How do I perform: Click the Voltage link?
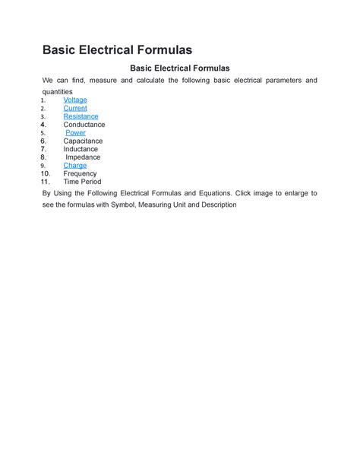click(x=75, y=100)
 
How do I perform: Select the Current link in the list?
click(x=75, y=109)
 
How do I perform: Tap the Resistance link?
click(x=81, y=116)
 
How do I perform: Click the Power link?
click(x=76, y=133)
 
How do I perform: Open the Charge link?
click(x=75, y=165)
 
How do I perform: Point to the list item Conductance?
click(x=84, y=125)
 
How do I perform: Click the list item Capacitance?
click(x=83, y=141)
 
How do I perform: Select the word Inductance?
click(x=81, y=149)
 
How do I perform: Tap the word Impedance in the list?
click(x=83, y=157)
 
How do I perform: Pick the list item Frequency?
click(x=80, y=173)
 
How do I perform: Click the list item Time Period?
click(x=82, y=182)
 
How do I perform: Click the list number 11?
click(x=46, y=182)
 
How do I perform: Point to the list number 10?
click(x=46, y=173)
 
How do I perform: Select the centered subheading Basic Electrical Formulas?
click(x=180, y=68)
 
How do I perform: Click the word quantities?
click(x=58, y=91)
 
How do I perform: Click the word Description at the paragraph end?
click(x=216, y=205)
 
